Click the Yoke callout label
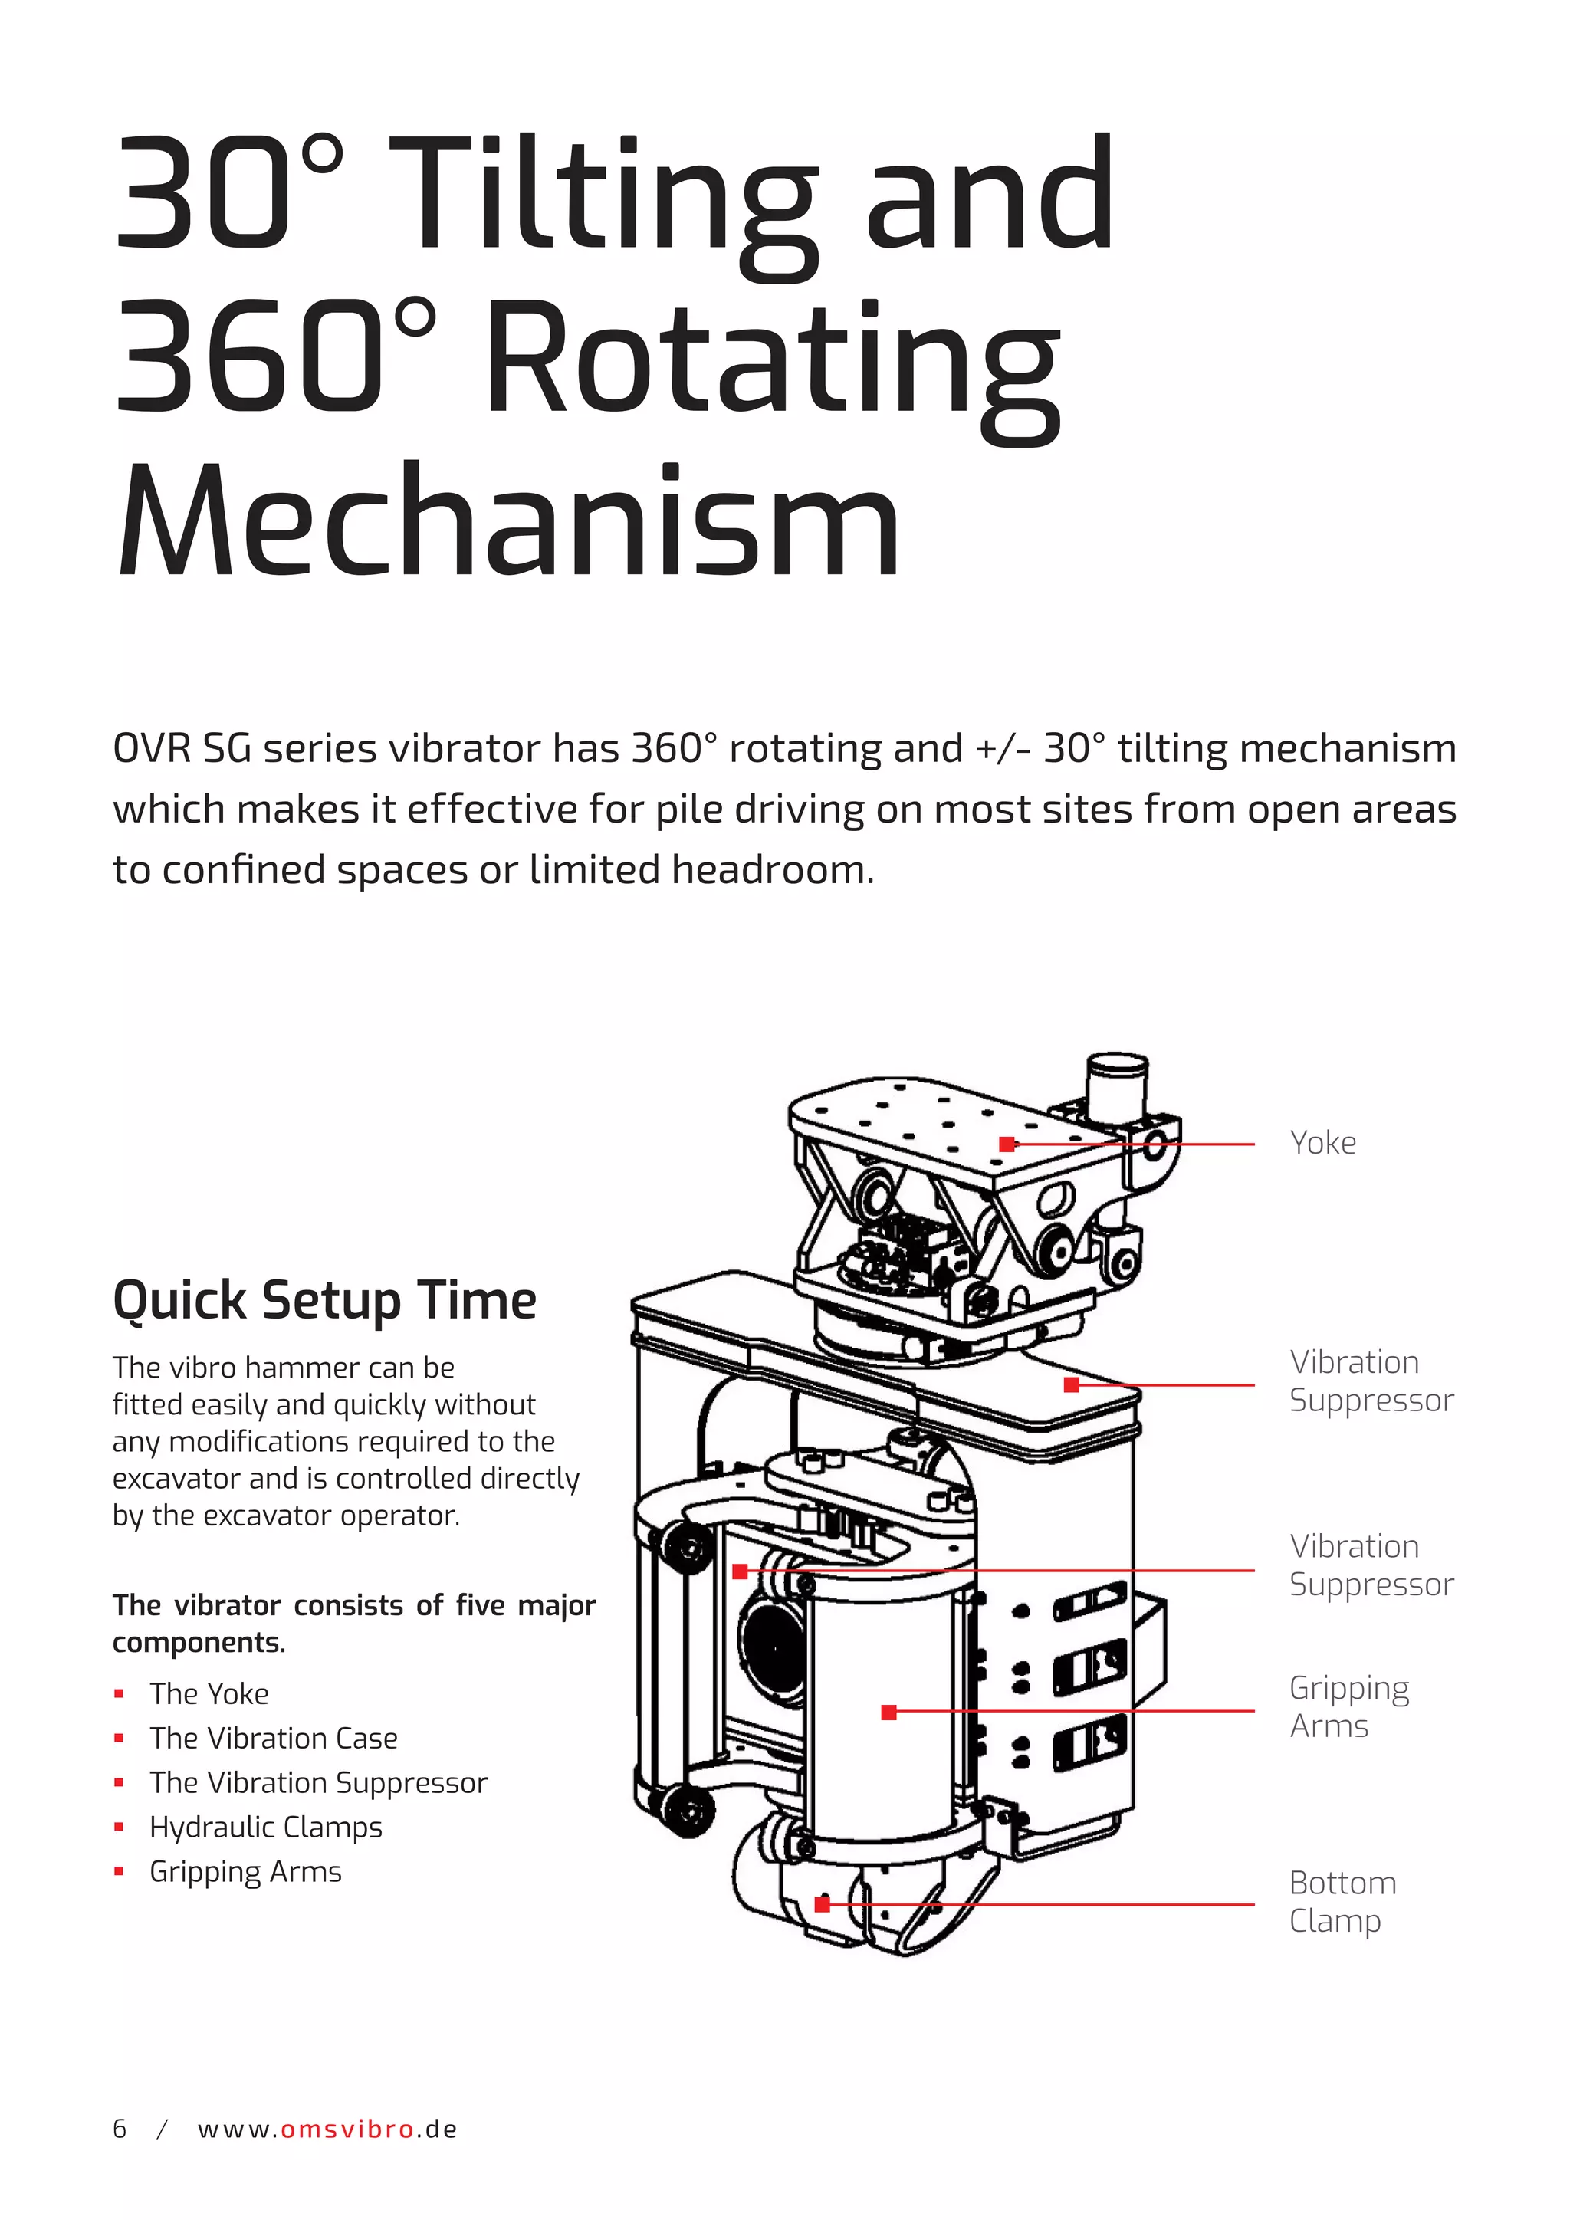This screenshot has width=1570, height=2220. click(1322, 1143)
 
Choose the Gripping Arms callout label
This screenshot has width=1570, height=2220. click(1349, 1707)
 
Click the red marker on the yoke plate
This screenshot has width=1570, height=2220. click(1007, 1144)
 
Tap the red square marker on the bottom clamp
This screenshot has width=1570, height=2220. click(822, 1904)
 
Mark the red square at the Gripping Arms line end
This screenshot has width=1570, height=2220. click(889, 1713)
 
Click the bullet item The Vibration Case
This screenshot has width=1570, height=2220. click(274, 1739)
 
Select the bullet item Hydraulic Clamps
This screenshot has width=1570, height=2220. click(266, 1828)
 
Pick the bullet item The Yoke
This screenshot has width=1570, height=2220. click(209, 1694)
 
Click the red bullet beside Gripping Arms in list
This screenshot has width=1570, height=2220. click(119, 1871)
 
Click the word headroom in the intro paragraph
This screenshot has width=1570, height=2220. click(773, 870)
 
